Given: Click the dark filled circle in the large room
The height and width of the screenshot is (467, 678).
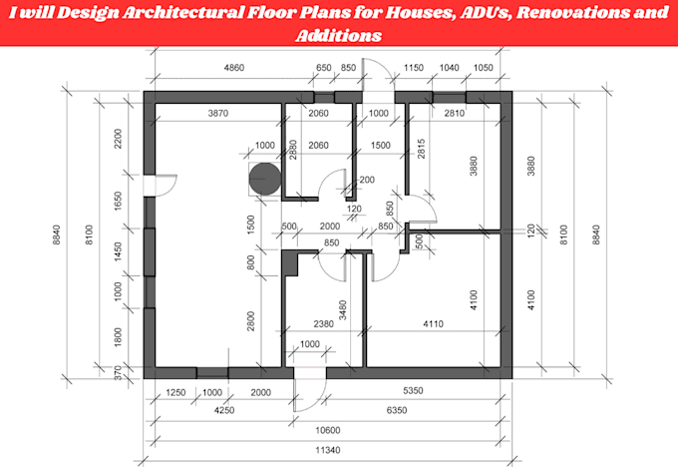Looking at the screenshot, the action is [x=264, y=179].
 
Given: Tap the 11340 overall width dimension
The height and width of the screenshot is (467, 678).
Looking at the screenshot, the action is [x=327, y=450].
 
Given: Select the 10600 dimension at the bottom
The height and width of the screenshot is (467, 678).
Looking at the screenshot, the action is [x=327, y=430].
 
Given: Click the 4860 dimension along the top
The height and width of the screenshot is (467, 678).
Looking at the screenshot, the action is [x=234, y=68].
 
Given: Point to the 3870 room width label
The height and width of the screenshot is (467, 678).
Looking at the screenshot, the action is [x=218, y=113].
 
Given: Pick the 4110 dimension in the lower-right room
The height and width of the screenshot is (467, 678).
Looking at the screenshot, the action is [x=433, y=323].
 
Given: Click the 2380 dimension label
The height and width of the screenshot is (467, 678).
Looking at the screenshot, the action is [x=323, y=323].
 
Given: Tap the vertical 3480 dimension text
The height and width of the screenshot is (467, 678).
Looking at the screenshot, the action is [x=342, y=310].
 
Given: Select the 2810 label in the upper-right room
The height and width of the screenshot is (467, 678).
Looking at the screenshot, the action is [x=454, y=113].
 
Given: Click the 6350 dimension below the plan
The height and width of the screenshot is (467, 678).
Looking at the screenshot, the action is [x=397, y=410].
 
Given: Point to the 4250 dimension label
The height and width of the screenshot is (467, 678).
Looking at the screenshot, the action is [x=224, y=410].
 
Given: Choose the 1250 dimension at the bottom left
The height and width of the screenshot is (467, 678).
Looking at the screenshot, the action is [x=175, y=392].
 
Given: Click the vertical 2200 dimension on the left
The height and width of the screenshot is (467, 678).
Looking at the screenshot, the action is [x=118, y=139].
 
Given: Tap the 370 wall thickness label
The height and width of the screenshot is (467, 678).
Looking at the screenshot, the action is [x=118, y=373].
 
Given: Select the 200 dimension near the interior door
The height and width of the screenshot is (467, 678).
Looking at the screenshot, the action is [x=367, y=180].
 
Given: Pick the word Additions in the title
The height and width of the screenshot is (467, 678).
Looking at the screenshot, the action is [x=339, y=35].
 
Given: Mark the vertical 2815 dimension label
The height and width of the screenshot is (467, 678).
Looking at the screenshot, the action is [x=421, y=149].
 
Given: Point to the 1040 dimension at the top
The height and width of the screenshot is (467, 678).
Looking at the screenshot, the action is [x=449, y=68].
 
